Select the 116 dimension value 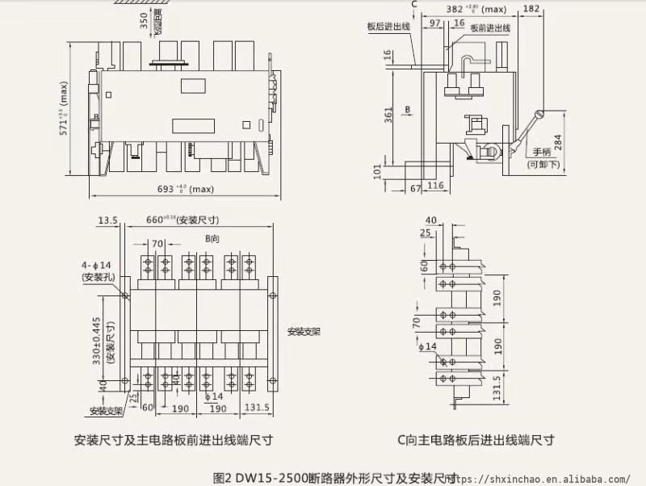(x=435, y=186)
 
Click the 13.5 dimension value (x=107, y=220)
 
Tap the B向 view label (x=212, y=239)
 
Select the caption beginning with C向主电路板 (x=476, y=440)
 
